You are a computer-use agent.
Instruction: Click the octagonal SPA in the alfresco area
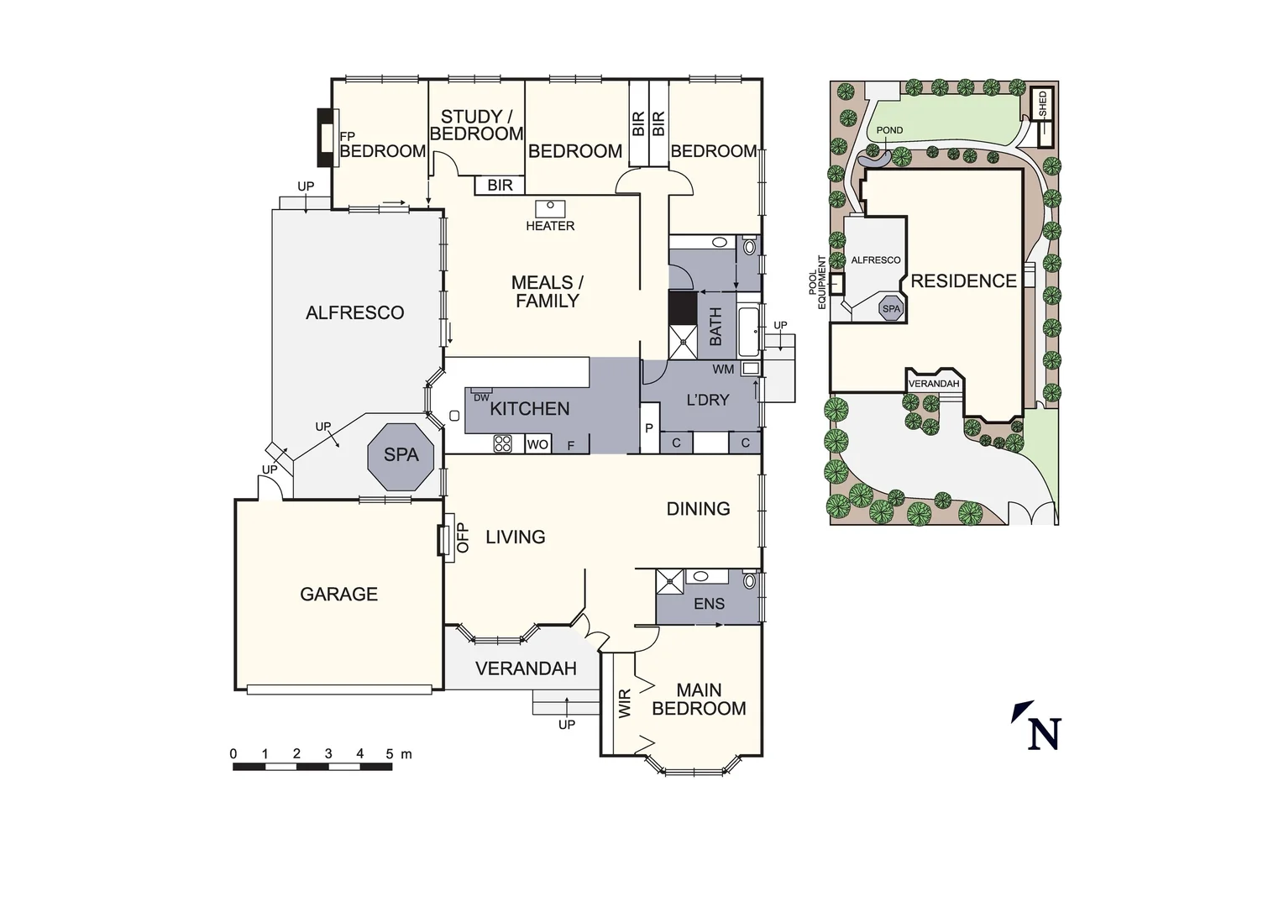click(401, 455)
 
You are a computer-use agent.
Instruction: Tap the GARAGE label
click(338, 595)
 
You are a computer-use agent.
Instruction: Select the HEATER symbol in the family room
click(551, 207)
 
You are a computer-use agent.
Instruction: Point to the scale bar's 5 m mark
click(390, 755)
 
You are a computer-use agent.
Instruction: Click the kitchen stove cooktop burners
click(502, 444)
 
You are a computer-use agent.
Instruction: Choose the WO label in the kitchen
click(537, 445)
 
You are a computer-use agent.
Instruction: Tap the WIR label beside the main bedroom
click(625, 704)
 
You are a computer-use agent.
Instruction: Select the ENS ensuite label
click(709, 604)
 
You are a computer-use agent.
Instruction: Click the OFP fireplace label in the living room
click(463, 537)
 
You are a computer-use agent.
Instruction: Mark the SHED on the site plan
click(1042, 105)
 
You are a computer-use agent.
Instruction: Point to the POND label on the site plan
click(889, 130)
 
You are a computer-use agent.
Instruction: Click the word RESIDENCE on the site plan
click(963, 281)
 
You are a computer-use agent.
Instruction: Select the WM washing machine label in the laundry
click(723, 370)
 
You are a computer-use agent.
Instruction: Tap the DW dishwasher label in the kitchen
click(481, 397)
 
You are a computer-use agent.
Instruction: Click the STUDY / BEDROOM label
click(476, 125)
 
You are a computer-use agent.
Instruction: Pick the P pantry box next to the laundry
click(648, 428)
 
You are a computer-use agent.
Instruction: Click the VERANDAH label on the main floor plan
click(526, 669)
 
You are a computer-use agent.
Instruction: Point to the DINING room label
click(698, 509)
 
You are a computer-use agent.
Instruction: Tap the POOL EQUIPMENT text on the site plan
click(817, 281)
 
